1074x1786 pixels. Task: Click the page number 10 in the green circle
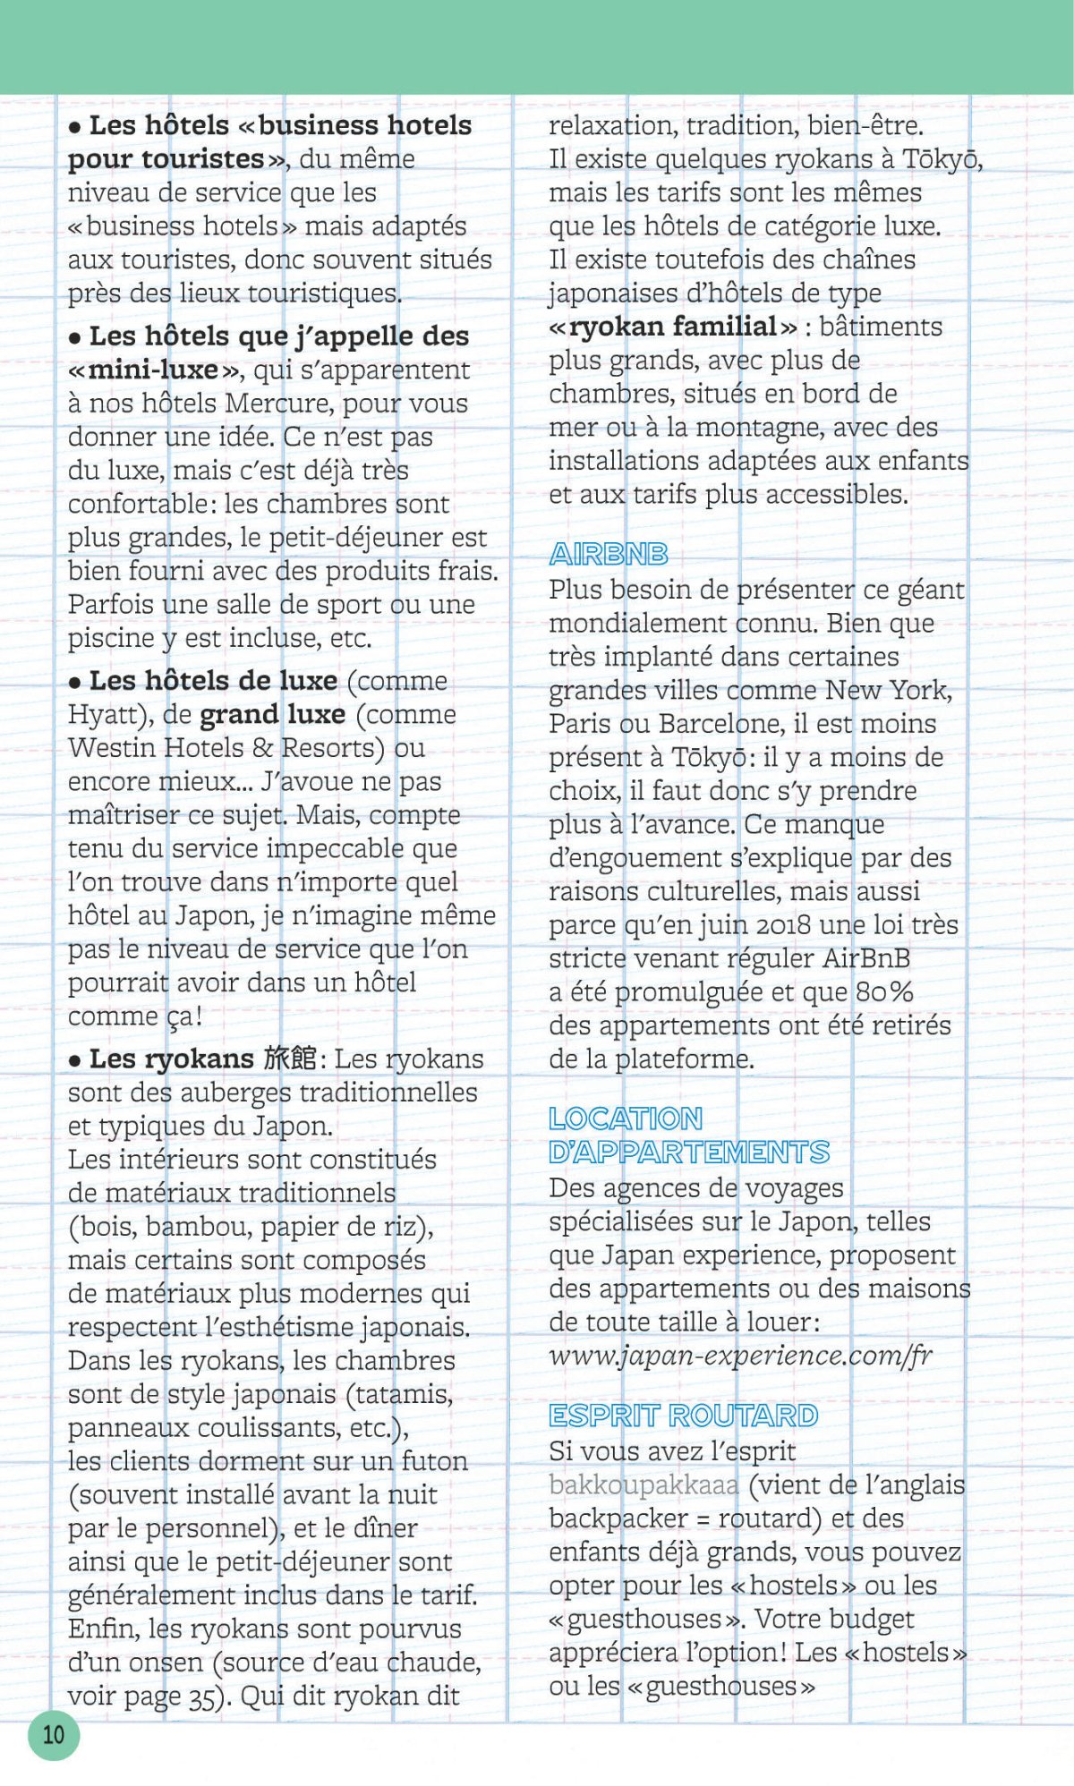[54, 1734]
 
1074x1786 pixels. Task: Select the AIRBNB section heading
[609, 555]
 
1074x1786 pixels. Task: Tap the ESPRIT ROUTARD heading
[684, 1416]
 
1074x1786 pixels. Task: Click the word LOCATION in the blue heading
[626, 1118]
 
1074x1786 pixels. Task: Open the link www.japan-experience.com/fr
[740, 1356]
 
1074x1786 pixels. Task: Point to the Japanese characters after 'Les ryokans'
[290, 1059]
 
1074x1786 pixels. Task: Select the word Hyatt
[106, 715]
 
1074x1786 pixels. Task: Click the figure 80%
[884, 991]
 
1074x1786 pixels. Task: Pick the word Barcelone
[710, 723]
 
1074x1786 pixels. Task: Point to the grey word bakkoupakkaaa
[644, 1485]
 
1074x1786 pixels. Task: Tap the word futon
[435, 1461]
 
